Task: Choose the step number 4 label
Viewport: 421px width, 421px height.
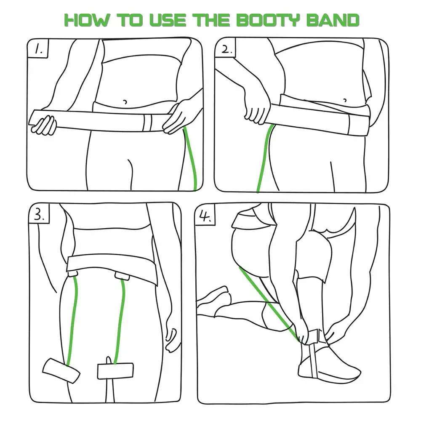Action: pyautogui.click(x=205, y=216)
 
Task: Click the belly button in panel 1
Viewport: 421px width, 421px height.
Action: pyautogui.click(x=125, y=102)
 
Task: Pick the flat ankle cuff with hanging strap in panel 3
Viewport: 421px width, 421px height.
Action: pyautogui.click(x=116, y=371)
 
